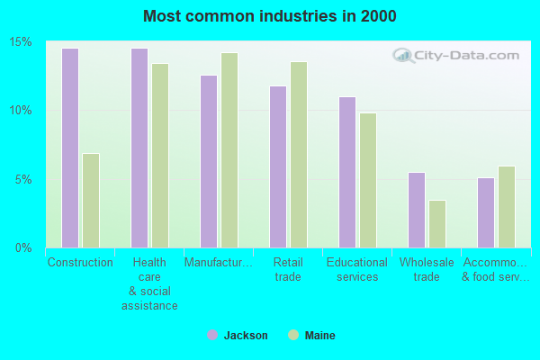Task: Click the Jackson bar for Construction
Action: click(69, 148)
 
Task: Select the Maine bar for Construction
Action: click(90, 200)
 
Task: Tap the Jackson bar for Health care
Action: click(139, 148)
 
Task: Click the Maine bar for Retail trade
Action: click(298, 154)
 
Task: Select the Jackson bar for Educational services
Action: click(346, 172)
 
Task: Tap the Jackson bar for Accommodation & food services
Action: click(485, 212)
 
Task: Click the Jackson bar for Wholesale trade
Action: click(416, 210)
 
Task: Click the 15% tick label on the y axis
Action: click(21, 42)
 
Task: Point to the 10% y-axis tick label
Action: click(21, 111)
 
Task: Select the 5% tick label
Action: click(24, 179)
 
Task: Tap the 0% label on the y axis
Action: click(24, 247)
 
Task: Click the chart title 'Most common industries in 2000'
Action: click(269, 16)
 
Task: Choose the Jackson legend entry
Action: click(237, 336)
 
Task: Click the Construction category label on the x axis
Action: click(80, 263)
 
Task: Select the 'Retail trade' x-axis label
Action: click(288, 270)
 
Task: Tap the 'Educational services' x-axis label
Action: click(357, 270)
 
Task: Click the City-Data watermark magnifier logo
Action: click(404, 56)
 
